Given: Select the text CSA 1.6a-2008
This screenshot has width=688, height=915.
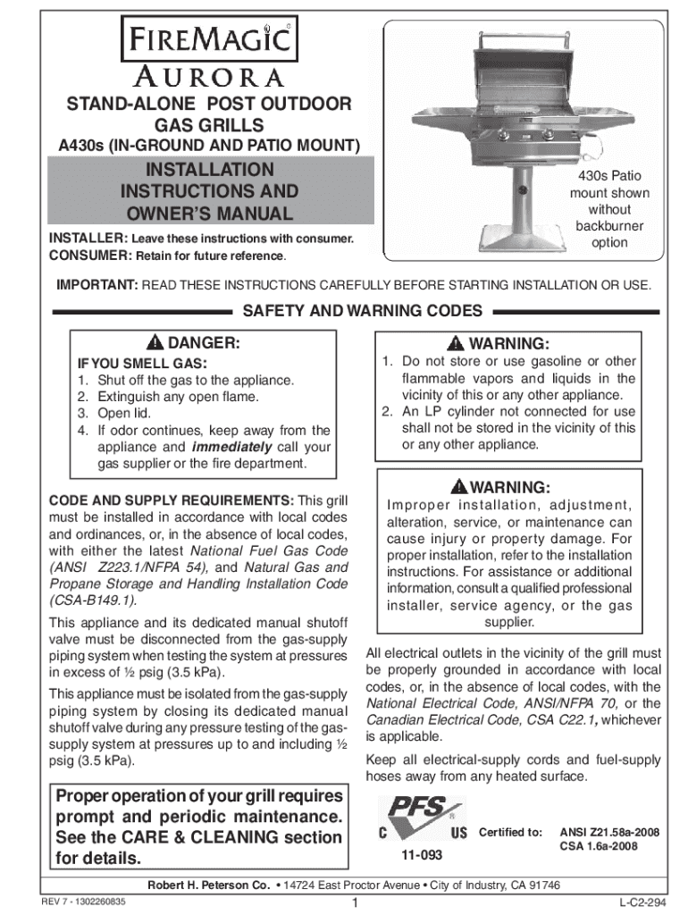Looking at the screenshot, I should (x=598, y=846).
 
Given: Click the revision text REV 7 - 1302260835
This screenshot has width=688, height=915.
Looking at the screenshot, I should (x=88, y=902).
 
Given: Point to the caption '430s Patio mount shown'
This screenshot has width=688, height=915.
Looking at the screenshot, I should (x=610, y=185).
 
